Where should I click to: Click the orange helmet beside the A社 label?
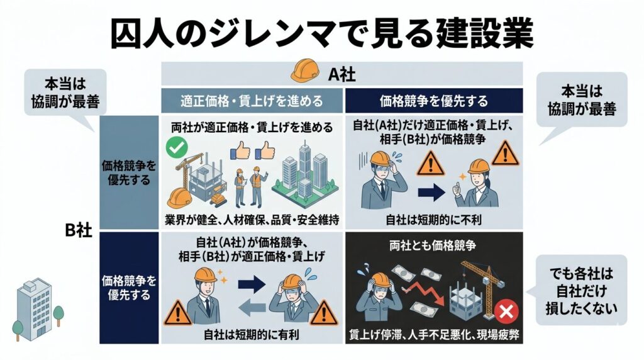[305, 70]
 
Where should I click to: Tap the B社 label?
[79, 230]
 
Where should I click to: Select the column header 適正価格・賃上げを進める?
[252, 101]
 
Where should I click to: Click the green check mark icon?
[177, 148]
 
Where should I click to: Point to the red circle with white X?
[506, 312]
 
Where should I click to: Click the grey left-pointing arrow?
[252, 308]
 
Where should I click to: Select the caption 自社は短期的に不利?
[433, 220]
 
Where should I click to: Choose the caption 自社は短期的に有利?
[252, 335]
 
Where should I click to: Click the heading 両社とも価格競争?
[433, 245]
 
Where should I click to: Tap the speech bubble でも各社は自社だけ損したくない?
[581, 290]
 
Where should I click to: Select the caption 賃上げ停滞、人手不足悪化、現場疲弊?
[434, 335]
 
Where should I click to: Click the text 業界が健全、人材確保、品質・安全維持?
[252, 220]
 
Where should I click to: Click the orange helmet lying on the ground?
[179, 198]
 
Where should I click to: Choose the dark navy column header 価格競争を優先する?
[434, 101]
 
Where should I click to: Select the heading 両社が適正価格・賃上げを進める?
[252, 127]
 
